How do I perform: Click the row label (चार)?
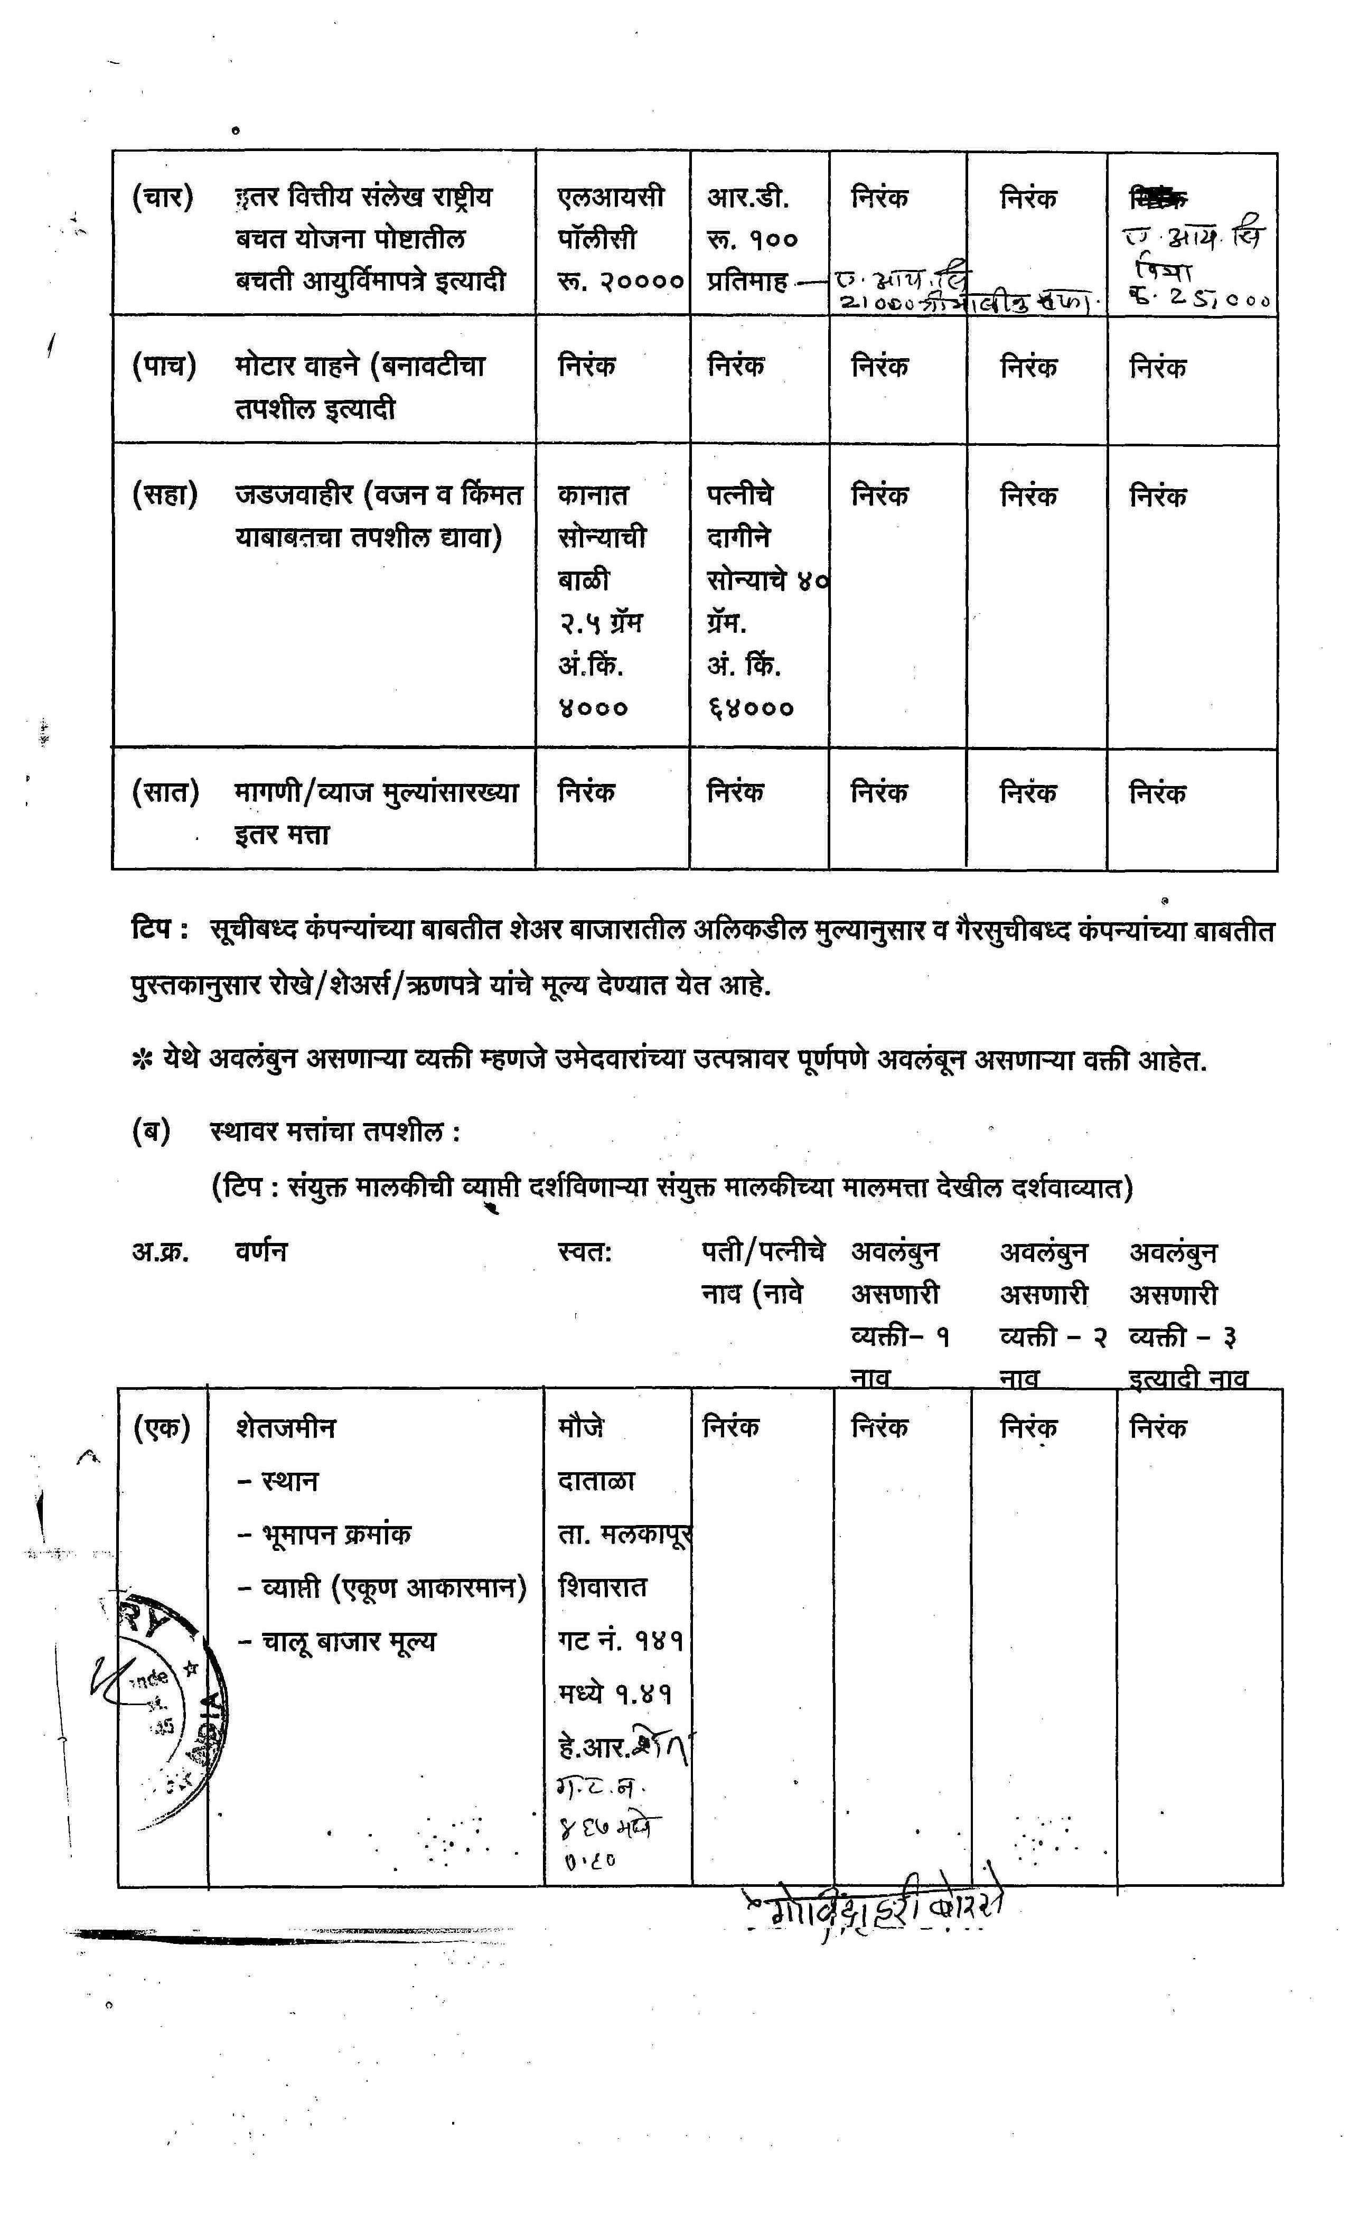pos(163,197)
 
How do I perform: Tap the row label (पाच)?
pos(164,366)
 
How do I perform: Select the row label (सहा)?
pos(164,495)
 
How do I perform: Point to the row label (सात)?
pos(164,792)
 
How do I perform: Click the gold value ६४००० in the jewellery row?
pos(750,708)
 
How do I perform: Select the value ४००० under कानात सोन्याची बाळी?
pos(593,708)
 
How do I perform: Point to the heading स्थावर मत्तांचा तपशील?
pos(334,1131)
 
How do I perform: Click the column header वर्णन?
pos(260,1251)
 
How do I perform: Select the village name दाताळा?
pos(596,1481)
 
